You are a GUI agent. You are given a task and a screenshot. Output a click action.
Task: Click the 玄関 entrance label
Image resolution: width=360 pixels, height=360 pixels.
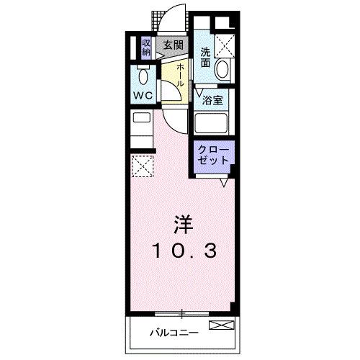point(173,45)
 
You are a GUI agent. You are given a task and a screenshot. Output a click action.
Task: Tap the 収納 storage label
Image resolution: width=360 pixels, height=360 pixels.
point(146,48)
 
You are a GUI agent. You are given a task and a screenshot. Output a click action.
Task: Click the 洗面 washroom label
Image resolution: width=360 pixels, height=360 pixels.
point(206,57)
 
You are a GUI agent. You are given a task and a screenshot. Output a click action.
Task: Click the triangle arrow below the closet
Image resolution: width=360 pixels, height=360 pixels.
point(225,182)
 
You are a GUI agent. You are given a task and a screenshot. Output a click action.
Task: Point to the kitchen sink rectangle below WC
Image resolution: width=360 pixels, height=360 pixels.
point(141,117)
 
